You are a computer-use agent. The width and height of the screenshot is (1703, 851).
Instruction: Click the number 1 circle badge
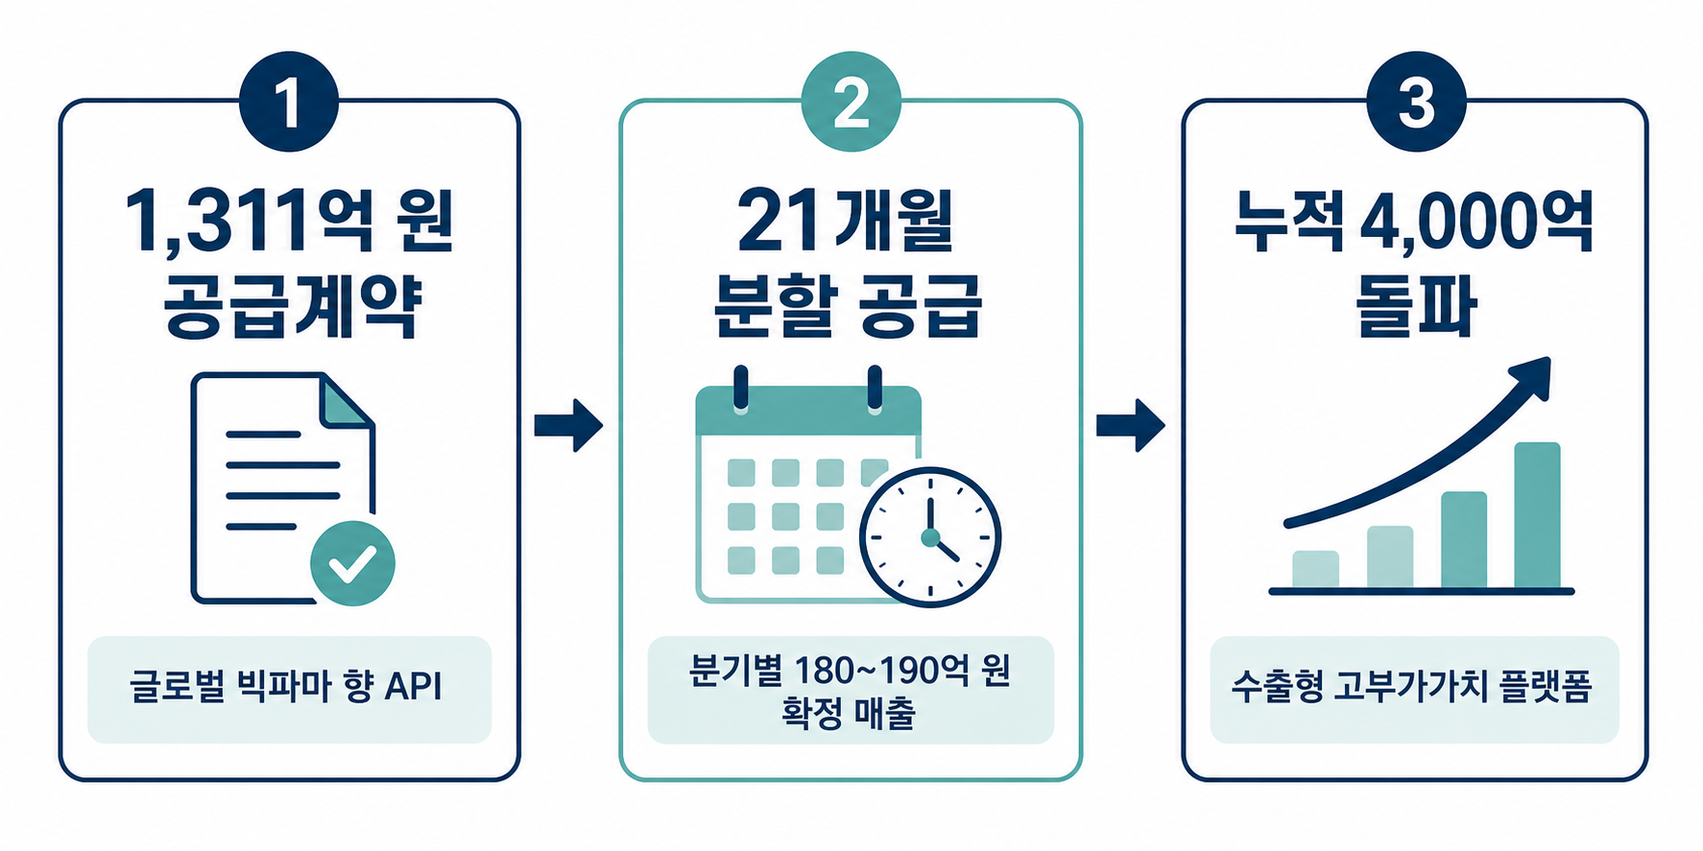click(289, 102)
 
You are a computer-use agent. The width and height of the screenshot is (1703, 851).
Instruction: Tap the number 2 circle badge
click(851, 102)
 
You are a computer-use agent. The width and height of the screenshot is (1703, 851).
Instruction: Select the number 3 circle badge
click(1416, 102)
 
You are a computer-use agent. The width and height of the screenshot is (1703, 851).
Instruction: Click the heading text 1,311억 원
click(289, 223)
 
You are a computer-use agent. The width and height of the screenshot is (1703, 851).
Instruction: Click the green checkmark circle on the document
click(352, 563)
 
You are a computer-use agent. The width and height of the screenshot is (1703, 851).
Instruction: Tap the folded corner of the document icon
click(347, 400)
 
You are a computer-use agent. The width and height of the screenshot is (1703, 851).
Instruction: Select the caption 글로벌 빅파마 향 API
click(286, 687)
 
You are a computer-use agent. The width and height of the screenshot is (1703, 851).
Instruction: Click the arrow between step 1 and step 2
click(568, 424)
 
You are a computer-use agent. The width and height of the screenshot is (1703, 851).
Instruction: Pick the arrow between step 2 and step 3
click(1131, 424)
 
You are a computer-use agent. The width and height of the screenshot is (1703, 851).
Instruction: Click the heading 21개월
click(846, 222)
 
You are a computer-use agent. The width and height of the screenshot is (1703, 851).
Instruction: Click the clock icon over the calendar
click(929, 537)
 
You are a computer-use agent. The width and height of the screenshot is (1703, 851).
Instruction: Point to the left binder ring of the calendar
click(740, 390)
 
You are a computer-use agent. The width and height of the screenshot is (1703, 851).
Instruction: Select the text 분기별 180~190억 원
click(850, 670)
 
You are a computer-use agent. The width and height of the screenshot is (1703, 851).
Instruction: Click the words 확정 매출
click(849, 713)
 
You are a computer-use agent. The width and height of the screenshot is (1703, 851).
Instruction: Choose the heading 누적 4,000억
click(1414, 222)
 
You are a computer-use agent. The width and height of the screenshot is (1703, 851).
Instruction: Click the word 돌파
click(1415, 306)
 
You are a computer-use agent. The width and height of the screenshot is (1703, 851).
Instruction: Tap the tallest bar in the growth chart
click(1537, 515)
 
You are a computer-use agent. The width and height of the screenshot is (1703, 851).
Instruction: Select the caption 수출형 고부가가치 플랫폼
click(1412, 687)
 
